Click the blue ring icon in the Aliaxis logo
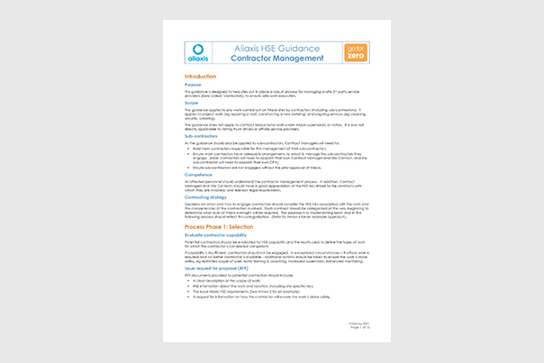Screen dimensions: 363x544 198,50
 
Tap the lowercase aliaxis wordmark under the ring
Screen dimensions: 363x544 198,61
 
